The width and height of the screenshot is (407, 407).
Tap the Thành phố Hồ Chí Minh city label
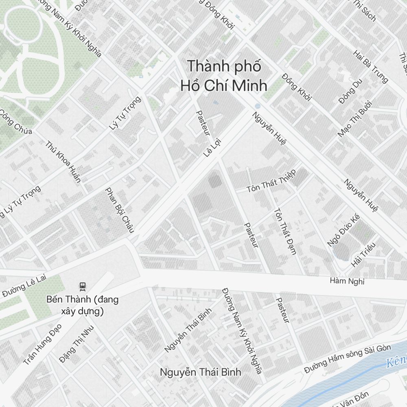[x=224, y=76]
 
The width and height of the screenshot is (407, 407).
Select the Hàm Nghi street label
[x=347, y=281]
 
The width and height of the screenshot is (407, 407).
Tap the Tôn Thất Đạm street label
[x=284, y=231]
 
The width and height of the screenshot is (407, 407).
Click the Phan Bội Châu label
[x=119, y=210]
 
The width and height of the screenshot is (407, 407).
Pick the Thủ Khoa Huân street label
[x=63, y=162]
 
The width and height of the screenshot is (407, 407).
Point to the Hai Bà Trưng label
[x=371, y=67]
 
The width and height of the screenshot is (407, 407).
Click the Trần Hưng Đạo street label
[x=42, y=344]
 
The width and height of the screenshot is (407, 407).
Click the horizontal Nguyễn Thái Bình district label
[x=200, y=372]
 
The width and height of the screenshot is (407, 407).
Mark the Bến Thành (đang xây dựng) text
[x=83, y=305]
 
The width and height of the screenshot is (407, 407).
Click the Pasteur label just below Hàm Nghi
[x=282, y=310]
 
